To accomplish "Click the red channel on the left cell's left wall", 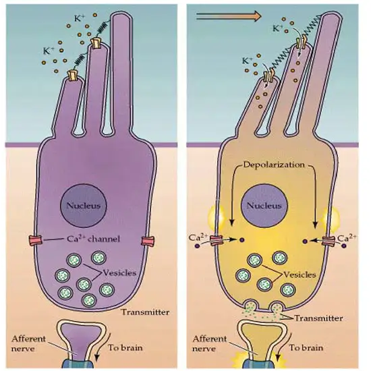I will coord(36,241).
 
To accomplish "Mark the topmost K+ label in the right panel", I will coord(278,28).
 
